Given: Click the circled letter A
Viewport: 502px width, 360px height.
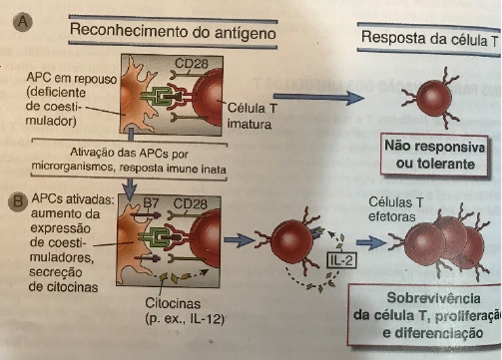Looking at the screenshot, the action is click(23, 22).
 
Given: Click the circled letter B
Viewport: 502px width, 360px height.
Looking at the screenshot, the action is click(18, 201).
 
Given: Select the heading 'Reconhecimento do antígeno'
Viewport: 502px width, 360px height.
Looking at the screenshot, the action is click(173, 32).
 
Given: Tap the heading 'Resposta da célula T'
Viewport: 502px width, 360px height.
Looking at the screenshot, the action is click(429, 38).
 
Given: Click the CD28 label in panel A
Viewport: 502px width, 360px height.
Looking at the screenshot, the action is click(192, 64).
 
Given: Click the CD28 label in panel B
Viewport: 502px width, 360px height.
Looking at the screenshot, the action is click(190, 203).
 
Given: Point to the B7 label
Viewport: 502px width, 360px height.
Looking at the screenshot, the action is click(151, 203).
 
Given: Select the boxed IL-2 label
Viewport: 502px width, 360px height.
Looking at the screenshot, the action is click(341, 260).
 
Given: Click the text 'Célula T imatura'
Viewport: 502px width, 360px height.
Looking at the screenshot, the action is click(251, 116).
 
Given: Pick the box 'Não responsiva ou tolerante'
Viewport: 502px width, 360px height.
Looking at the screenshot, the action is click(434, 155).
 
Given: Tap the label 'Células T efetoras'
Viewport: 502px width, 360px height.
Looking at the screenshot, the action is click(396, 209).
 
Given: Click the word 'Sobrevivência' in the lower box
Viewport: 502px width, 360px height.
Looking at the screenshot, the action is click(433, 298).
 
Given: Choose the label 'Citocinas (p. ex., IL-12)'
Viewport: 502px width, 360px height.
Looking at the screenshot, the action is click(185, 311).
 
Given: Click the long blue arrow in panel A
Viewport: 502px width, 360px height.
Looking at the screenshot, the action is click(318, 98).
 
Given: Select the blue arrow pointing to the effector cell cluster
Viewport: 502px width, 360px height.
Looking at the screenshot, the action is click(370, 242).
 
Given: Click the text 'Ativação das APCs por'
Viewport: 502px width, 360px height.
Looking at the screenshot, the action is click(129, 154).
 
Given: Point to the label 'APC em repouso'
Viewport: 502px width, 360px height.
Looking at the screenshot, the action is click(72, 79).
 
